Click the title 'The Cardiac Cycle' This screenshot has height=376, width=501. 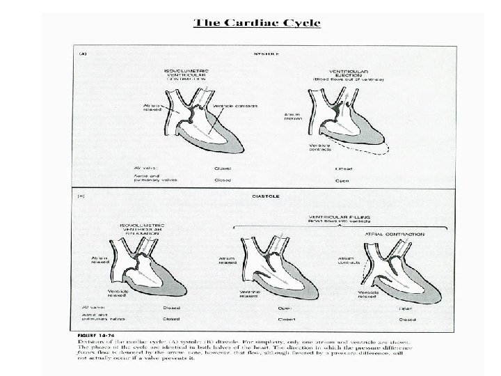[x=257, y=23]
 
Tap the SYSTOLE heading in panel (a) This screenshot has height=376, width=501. [x=262, y=54]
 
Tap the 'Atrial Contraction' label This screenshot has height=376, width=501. [x=396, y=234]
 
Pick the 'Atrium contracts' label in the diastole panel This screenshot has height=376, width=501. [x=348, y=260]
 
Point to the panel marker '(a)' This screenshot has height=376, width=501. [x=81, y=53]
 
